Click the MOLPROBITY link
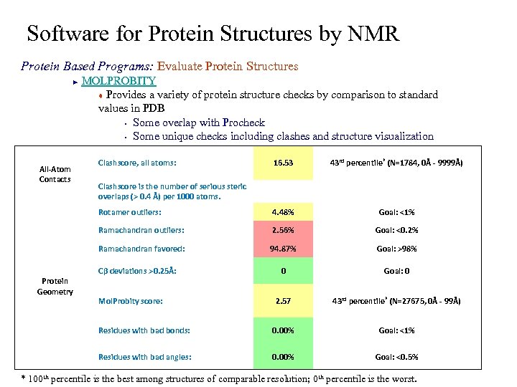[118, 81]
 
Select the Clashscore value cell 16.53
[283, 163]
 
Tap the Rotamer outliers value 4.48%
[283, 212]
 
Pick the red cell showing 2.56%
[283, 231]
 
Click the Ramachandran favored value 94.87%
[283, 249]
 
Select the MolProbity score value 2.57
[283, 302]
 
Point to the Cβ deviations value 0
[283, 272]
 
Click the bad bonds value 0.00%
[283, 330]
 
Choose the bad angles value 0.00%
[283, 357]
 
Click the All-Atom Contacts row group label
[55, 173]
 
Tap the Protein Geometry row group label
[55, 286]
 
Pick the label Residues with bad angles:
[144, 356]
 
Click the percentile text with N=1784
[396, 163]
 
